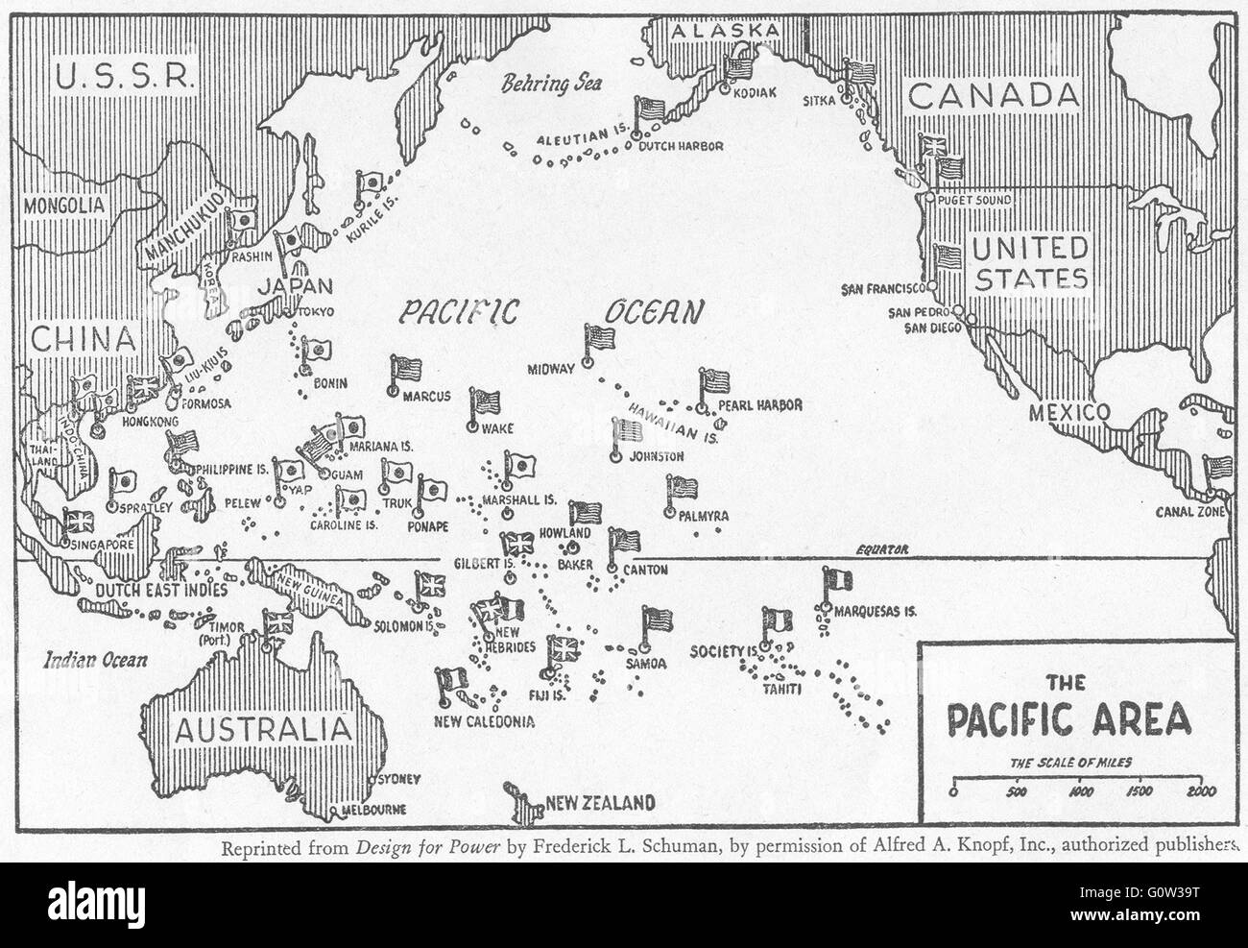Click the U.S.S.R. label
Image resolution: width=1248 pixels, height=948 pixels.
(x=125, y=76)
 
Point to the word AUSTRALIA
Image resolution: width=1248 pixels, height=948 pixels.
(x=260, y=726)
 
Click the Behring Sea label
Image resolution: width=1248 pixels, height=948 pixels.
(x=550, y=84)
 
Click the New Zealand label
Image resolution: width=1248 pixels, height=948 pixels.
(x=600, y=803)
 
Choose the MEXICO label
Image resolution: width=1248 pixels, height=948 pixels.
(x=1068, y=413)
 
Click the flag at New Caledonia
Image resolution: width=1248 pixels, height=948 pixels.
(x=451, y=682)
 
